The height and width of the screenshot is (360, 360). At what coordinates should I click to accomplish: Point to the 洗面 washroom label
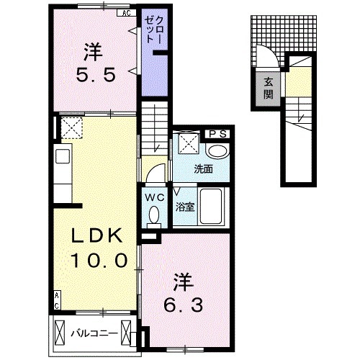click(x=204, y=170)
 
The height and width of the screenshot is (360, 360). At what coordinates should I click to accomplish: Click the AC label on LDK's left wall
click(x=56, y=300)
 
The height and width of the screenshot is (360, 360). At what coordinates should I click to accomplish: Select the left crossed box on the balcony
click(x=60, y=332)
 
